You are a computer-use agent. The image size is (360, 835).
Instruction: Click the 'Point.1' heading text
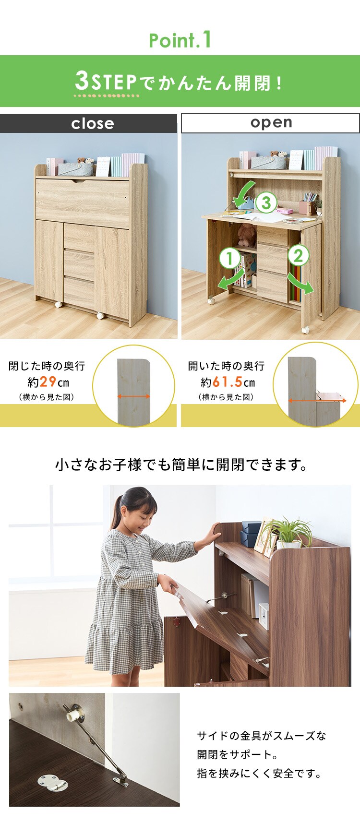(180, 40)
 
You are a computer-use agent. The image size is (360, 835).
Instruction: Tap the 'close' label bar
(89, 123)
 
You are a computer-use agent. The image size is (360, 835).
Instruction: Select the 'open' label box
(270, 123)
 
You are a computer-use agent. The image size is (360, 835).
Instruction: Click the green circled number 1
(229, 259)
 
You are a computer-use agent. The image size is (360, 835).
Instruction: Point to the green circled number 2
(298, 255)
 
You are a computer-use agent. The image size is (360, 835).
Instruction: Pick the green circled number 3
(266, 203)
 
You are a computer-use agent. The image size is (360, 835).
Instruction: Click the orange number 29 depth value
(48, 382)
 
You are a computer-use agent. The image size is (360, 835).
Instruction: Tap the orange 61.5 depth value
(227, 382)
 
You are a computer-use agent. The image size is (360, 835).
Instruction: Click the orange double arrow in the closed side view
(134, 396)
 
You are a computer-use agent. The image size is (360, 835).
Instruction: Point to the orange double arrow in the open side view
(317, 400)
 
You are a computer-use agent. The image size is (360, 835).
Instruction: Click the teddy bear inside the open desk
(246, 235)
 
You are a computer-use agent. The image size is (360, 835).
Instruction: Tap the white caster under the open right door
(305, 330)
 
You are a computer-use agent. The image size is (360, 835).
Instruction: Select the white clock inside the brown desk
(264, 616)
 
